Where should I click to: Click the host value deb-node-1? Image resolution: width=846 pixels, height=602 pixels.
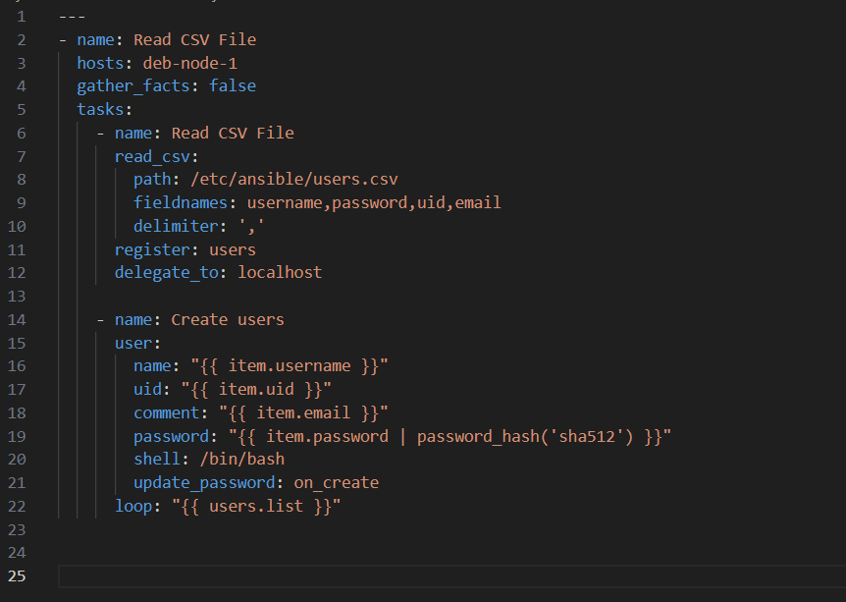(x=190, y=64)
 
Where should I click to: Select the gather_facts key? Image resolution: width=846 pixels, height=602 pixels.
(x=133, y=86)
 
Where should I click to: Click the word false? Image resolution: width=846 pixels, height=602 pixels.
(x=233, y=85)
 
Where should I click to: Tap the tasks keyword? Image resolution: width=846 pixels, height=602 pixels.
(x=100, y=110)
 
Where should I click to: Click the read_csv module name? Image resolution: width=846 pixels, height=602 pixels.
(x=152, y=156)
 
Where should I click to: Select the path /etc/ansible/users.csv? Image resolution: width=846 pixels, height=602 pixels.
(x=294, y=180)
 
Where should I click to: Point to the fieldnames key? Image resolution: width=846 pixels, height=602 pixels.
(x=181, y=202)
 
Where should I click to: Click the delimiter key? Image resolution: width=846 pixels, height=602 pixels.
(x=176, y=226)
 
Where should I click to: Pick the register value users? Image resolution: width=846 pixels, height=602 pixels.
(x=233, y=250)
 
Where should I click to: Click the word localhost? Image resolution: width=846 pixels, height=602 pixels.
(x=280, y=272)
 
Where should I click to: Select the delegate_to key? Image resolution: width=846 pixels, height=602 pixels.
(x=167, y=273)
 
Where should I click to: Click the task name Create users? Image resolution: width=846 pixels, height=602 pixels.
(x=228, y=319)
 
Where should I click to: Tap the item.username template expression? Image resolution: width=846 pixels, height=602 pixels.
(x=290, y=366)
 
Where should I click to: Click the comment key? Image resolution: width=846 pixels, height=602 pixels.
(x=167, y=413)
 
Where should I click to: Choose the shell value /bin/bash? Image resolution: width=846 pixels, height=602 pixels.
(x=242, y=460)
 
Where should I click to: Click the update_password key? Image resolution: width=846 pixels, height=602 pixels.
(x=204, y=482)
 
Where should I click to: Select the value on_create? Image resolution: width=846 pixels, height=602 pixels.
(x=336, y=482)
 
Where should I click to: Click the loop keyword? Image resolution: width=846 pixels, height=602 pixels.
(x=133, y=507)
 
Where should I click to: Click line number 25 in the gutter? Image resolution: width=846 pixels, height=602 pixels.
(x=17, y=576)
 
